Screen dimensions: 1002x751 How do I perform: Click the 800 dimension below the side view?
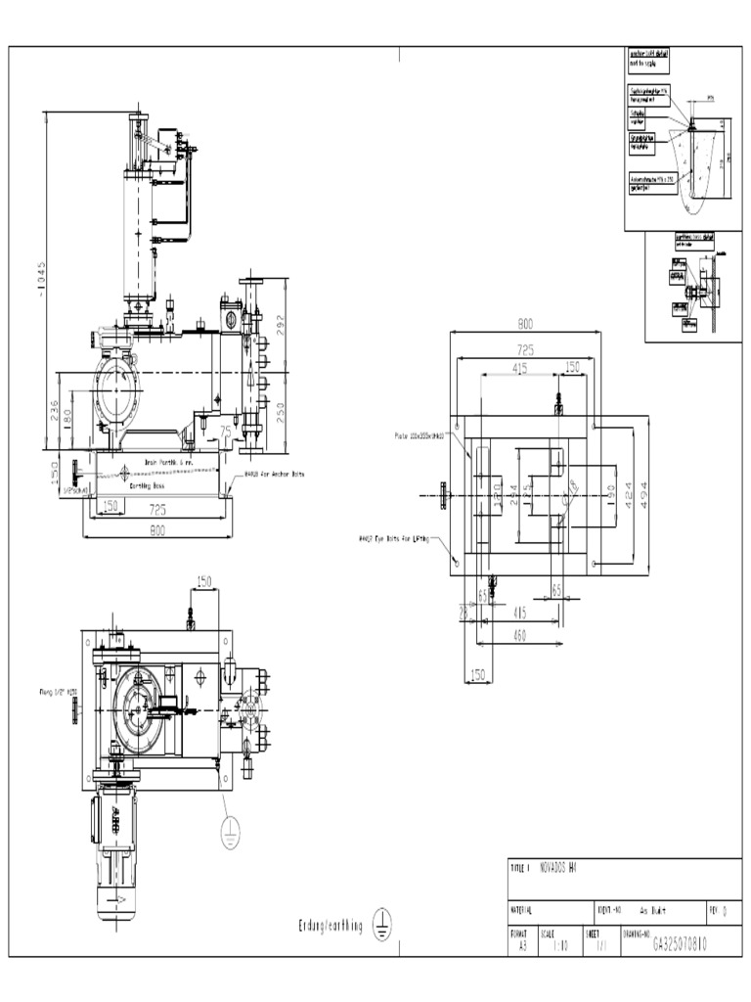[157, 530]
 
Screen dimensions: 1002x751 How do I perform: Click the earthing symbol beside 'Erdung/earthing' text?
[382, 926]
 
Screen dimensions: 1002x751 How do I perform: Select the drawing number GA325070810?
[681, 946]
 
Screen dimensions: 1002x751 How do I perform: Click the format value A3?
[523, 946]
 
